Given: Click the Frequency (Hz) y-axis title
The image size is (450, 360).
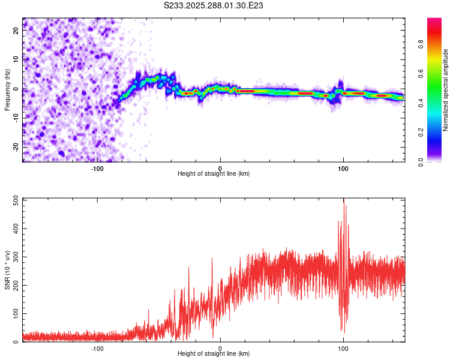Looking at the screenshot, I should [x=7, y=90].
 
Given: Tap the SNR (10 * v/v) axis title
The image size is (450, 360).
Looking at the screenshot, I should [x=7, y=269].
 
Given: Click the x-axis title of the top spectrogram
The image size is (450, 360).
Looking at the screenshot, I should [x=214, y=173].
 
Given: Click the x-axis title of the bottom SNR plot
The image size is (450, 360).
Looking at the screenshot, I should [x=214, y=353].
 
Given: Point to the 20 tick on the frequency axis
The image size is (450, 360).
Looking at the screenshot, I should [x=16, y=32].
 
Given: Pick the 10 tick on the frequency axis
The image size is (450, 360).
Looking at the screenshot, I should [x=16, y=61].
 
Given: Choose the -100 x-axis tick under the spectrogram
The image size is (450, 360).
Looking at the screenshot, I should [x=97, y=168].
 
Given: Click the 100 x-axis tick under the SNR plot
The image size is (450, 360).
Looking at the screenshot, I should [x=343, y=348].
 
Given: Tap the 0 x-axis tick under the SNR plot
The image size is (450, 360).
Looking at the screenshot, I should [x=220, y=348].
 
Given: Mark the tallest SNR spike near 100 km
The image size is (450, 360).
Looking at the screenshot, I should [x=344, y=204].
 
